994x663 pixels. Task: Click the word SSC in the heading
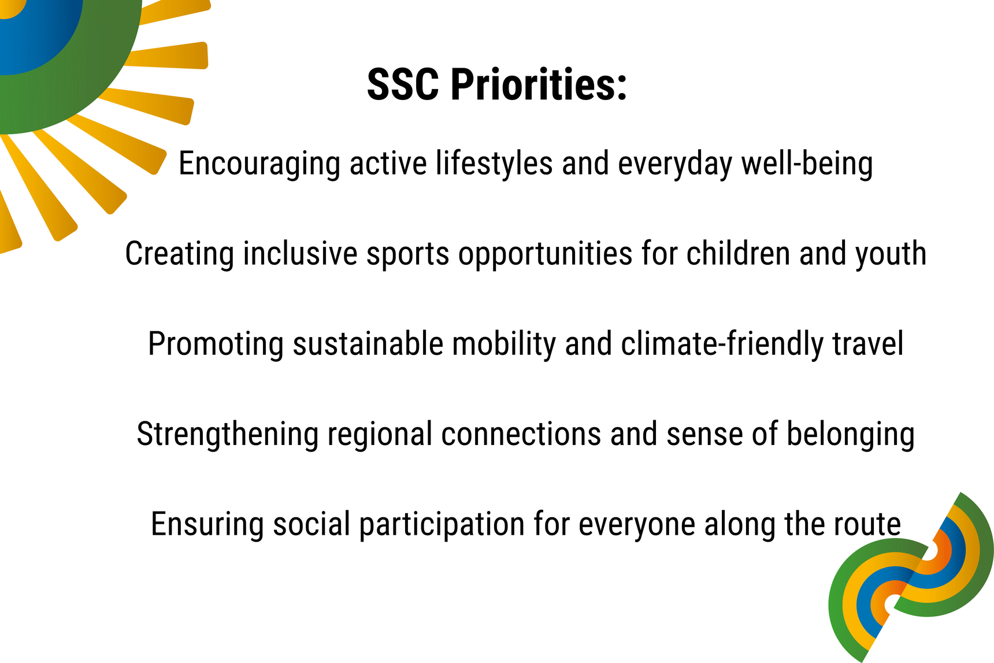(403, 84)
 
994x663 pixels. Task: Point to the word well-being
(807, 164)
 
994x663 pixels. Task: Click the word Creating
(180, 254)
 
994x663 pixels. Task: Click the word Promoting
(216, 344)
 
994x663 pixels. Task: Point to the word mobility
(503, 344)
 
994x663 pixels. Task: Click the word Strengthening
(228, 434)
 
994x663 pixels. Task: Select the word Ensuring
(207, 524)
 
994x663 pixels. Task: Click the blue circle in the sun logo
(35, 29)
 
